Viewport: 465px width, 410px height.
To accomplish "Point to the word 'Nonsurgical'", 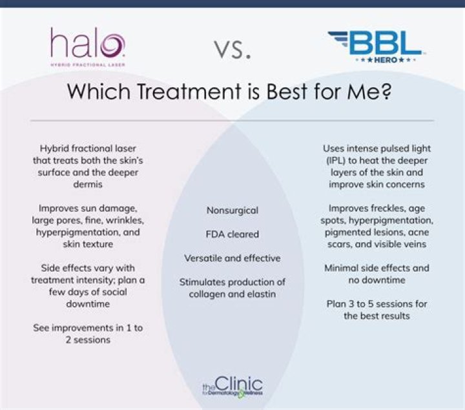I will [x=232, y=210].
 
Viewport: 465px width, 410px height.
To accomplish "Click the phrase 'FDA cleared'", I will [x=232, y=234].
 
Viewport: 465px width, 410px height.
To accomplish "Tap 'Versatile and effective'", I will [x=232, y=258].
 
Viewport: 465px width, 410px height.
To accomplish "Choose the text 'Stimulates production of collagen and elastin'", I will [x=232, y=289].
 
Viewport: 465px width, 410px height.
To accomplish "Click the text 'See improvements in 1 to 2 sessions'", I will [x=88, y=334].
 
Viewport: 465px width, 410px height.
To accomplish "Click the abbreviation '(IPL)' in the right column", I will [x=340, y=159].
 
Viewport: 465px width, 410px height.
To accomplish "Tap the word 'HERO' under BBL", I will [x=375, y=61].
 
